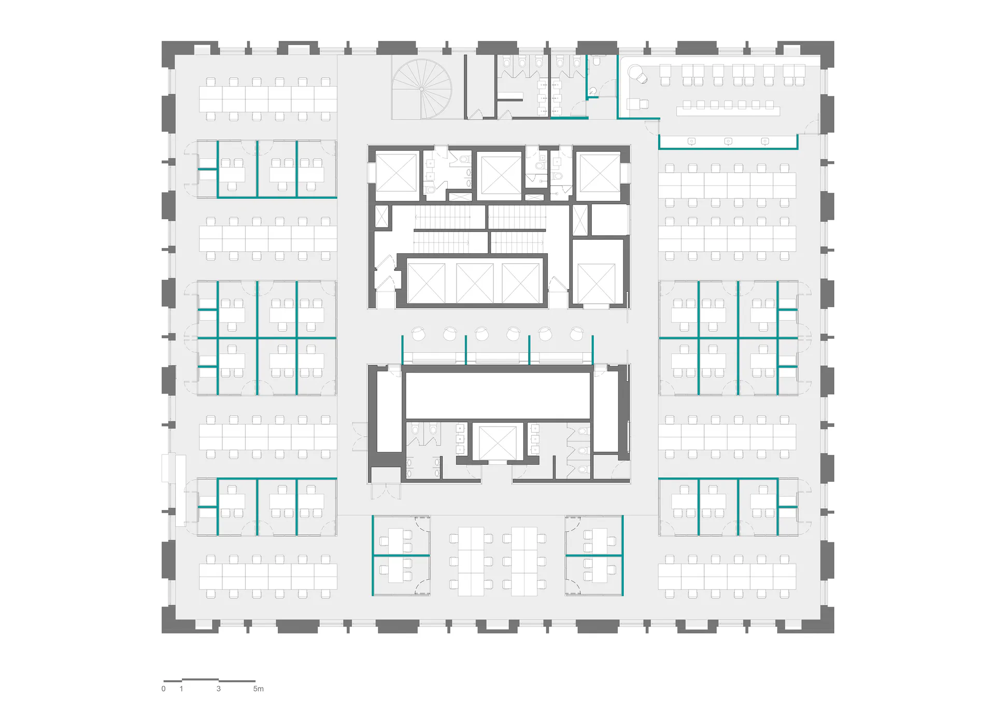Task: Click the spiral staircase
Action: click(x=421, y=89)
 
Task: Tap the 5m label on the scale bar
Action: click(x=258, y=688)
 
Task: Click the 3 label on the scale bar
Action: click(x=219, y=688)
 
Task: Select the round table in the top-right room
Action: click(x=635, y=71)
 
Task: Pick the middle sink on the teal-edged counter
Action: click(x=728, y=141)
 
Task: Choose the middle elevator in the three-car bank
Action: click(x=475, y=282)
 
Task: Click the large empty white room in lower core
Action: click(x=498, y=395)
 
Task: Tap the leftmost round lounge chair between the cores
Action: click(x=418, y=334)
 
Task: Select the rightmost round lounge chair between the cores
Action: click(x=576, y=334)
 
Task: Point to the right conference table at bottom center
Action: click(x=524, y=561)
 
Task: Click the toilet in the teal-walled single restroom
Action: click(x=596, y=61)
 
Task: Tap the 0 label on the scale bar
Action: click(x=164, y=688)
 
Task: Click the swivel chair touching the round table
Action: click(x=643, y=79)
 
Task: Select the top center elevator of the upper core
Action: click(x=499, y=175)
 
